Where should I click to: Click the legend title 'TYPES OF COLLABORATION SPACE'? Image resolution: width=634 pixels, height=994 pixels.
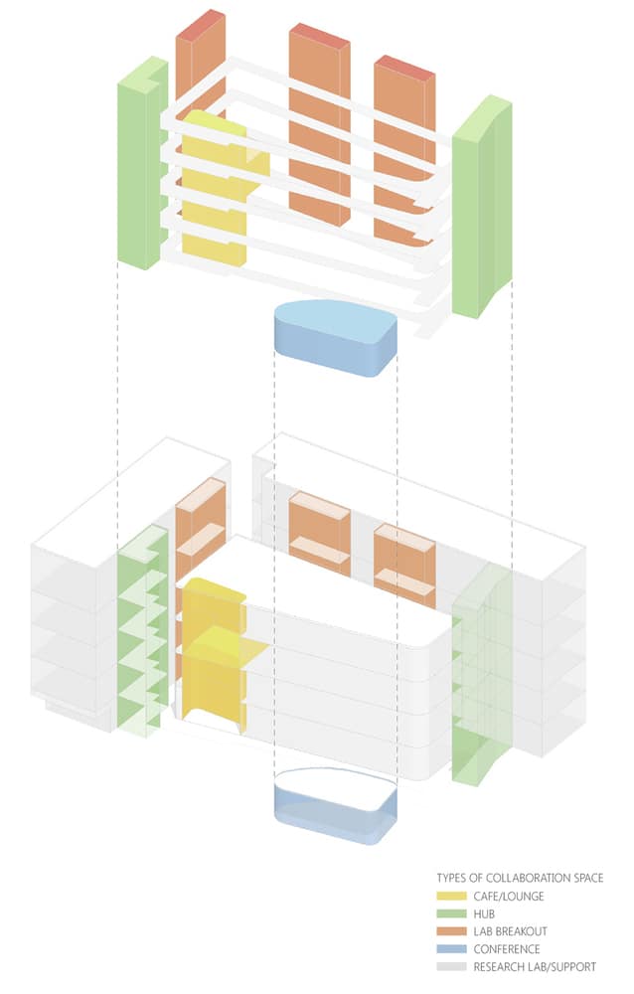[x=520, y=879]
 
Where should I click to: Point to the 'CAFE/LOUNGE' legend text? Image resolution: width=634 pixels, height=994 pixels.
[x=507, y=898]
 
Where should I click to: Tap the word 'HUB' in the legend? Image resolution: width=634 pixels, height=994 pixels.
[x=484, y=914]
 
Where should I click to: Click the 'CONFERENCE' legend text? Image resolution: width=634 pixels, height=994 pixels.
[x=506, y=948]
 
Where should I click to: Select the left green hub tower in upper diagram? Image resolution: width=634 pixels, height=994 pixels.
[x=138, y=169]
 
